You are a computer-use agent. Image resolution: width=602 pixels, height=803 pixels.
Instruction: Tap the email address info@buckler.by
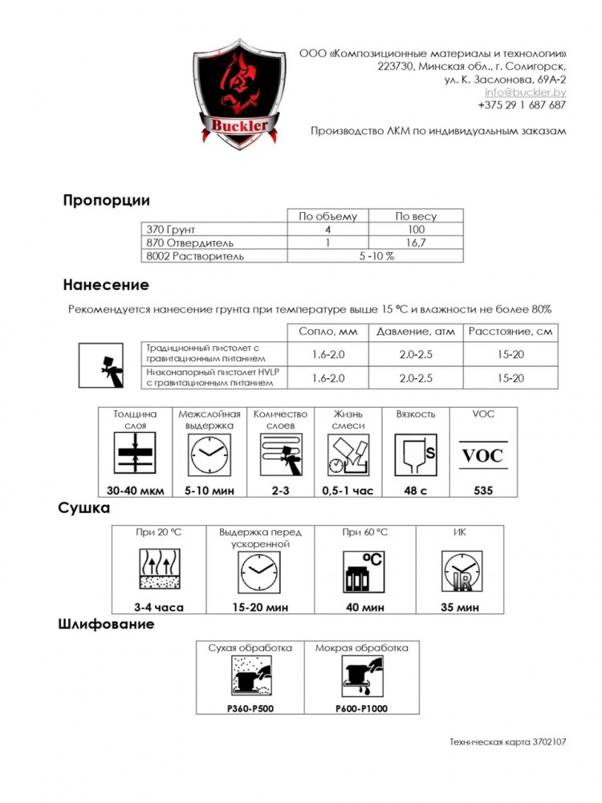coord(525,92)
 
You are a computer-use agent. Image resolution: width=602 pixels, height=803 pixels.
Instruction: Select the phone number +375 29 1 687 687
coord(522,105)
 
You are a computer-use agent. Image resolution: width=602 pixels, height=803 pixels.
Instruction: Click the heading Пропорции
coord(106,201)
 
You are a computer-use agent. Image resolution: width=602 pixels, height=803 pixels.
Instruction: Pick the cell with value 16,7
coord(415,243)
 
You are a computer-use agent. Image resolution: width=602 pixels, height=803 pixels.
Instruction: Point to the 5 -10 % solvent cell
coord(375,256)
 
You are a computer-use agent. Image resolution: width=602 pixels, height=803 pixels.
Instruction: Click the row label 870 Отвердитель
coord(189,243)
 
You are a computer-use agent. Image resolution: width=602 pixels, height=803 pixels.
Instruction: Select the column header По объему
coord(327,216)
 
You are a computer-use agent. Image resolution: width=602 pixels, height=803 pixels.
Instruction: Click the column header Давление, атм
coord(416,332)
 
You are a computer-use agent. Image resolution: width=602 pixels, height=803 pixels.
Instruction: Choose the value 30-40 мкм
coord(134,491)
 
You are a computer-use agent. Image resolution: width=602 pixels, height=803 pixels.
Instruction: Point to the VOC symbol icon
coord(482,455)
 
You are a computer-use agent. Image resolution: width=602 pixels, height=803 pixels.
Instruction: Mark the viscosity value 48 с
coord(415,491)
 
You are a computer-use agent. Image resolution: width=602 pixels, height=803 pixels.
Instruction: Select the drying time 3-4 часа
coord(158,608)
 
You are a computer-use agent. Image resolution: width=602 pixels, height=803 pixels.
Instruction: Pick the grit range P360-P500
coord(250,708)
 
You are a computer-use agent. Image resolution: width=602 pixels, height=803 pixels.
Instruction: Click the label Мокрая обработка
coord(361,648)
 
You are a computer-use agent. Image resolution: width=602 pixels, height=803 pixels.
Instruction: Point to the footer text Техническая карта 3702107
coord(507,743)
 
